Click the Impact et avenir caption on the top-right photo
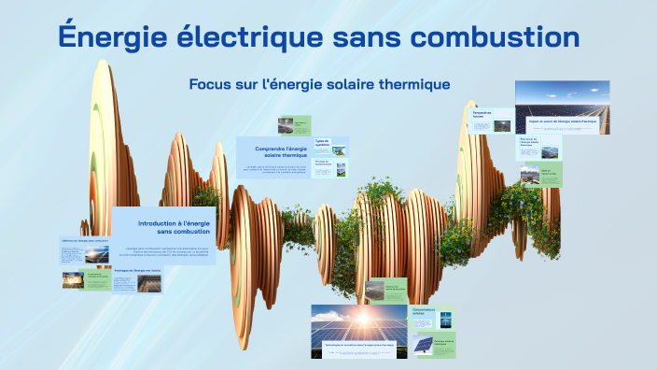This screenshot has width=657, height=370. click(x=563, y=121)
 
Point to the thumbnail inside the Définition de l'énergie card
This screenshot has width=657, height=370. click(x=96, y=253)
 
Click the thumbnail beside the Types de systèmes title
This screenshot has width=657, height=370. click(x=341, y=149)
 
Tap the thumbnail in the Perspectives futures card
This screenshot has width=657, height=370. click(x=502, y=124)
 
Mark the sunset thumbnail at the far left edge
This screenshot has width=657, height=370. click(x=73, y=280)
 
